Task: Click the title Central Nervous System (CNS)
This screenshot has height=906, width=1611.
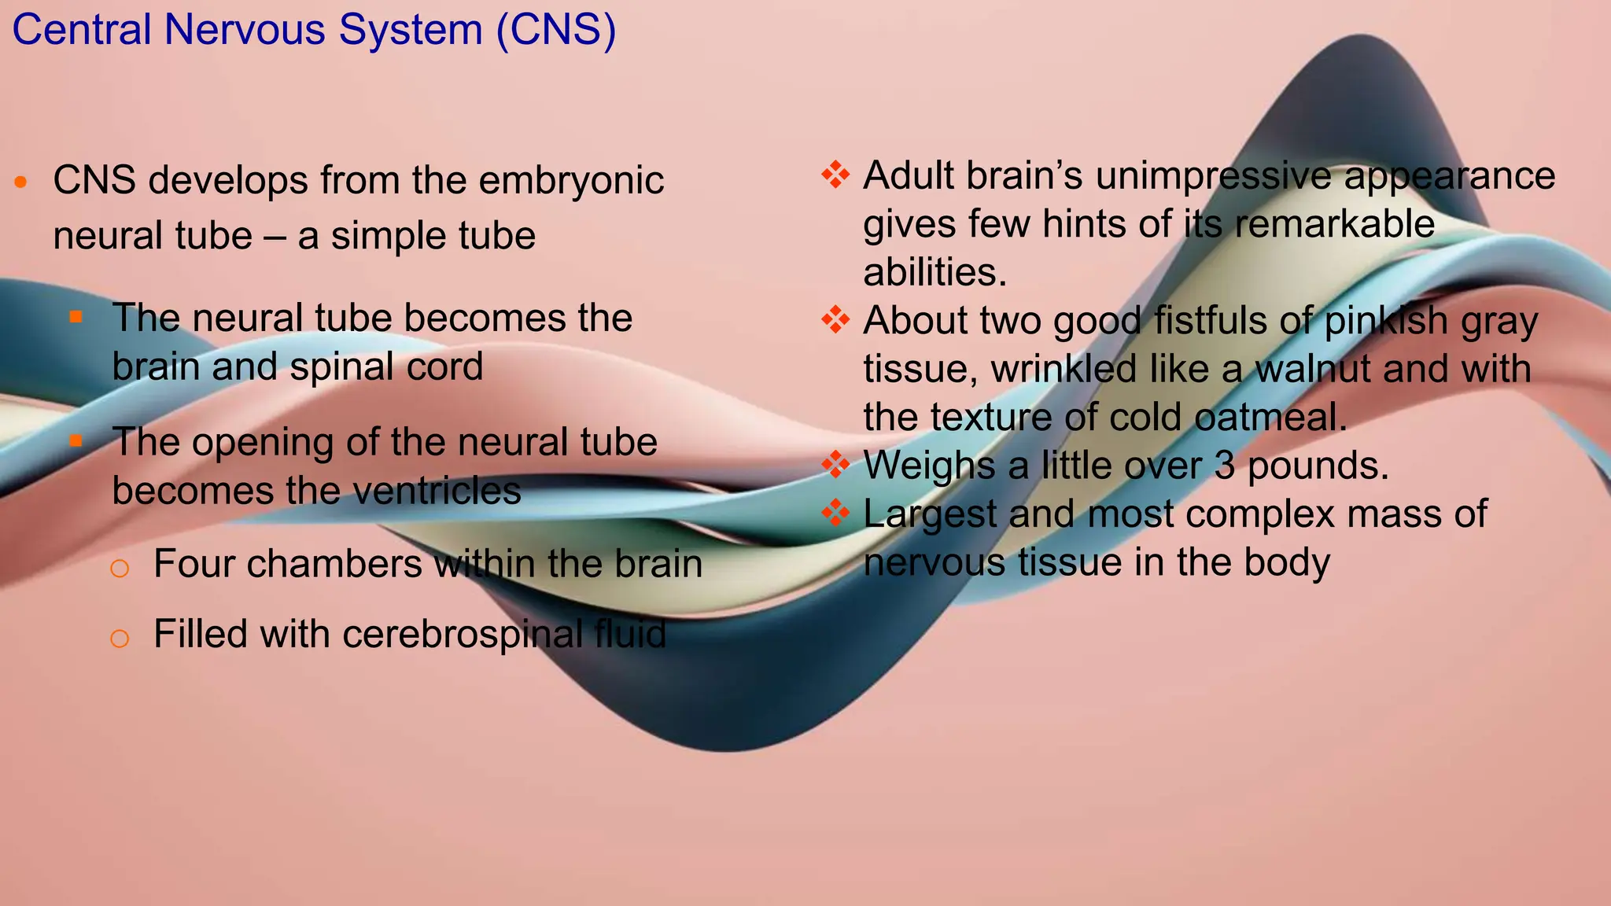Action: click(314, 30)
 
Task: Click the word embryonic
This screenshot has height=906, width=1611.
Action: click(571, 180)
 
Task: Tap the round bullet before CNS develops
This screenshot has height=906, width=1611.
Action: click(21, 183)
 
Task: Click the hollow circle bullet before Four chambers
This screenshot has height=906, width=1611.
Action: click(120, 568)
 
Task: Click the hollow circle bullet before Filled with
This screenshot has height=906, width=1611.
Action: click(120, 638)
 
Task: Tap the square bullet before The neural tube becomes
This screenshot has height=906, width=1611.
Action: click(76, 317)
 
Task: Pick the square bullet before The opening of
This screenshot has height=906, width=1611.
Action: click(76, 441)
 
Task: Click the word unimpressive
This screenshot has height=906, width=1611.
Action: click(1215, 176)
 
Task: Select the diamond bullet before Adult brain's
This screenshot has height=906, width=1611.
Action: click(835, 175)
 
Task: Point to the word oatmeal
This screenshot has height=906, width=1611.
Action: click(1270, 418)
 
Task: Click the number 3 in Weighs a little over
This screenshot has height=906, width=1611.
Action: click(1225, 466)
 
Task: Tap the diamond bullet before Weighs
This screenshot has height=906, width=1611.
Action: click(835, 464)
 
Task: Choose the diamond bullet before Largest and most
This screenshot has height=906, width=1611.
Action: click(835, 513)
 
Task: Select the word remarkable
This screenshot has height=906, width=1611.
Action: click(1335, 224)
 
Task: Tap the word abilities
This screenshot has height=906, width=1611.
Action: click(935, 273)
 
